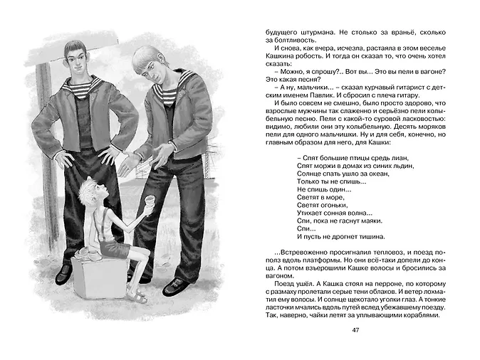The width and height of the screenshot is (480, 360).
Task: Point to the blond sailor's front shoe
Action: (x=174, y=285)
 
